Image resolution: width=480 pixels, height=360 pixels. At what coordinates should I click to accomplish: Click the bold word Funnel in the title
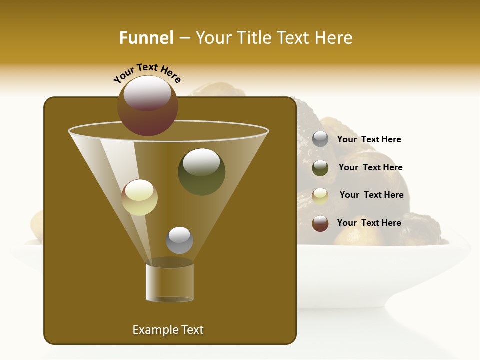(x=146, y=37)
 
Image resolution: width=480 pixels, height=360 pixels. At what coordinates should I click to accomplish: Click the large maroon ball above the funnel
(x=148, y=106)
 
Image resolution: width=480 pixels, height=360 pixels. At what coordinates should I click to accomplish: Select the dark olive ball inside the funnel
(x=201, y=172)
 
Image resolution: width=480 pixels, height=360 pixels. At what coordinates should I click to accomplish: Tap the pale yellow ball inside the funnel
(x=140, y=197)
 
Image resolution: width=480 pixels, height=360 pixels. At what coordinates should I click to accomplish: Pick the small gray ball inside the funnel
(x=179, y=240)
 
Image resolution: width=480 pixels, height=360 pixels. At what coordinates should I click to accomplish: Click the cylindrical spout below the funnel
(x=170, y=282)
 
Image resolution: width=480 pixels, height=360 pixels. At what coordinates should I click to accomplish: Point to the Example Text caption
(x=168, y=330)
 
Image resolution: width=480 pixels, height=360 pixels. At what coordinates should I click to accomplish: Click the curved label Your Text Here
(x=147, y=73)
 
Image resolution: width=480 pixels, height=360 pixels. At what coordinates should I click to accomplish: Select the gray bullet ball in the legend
(x=320, y=139)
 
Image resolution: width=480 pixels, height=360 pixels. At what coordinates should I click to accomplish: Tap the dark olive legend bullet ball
(x=320, y=168)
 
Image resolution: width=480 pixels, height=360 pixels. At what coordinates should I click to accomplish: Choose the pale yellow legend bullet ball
(x=320, y=196)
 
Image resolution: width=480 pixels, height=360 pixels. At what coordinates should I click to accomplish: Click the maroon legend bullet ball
(x=320, y=223)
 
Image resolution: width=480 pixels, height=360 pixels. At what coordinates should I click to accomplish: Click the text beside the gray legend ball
(x=369, y=139)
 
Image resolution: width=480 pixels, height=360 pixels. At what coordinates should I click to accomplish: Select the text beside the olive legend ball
(x=370, y=167)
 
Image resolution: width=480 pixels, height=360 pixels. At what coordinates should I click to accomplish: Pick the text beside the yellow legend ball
(x=371, y=195)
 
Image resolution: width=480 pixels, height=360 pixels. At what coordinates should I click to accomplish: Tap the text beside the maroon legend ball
(x=369, y=223)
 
